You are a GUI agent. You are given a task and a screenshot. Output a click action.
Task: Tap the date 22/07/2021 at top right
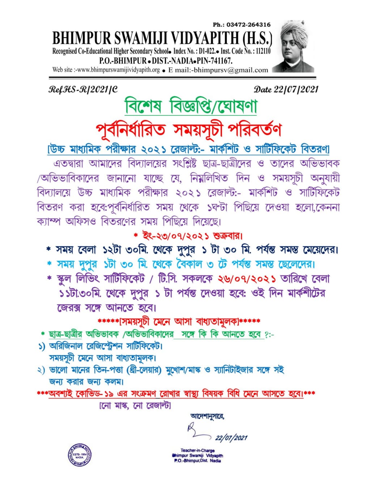(x=286, y=89)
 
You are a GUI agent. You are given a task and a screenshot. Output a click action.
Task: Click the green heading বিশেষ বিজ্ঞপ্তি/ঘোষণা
(x=191, y=106)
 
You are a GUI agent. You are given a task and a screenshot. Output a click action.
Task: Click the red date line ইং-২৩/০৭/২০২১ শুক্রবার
(x=188, y=236)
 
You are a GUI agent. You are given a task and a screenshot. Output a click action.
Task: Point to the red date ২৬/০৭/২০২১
(x=247, y=279)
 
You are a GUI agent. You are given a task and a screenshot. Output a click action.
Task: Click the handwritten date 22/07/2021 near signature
(x=231, y=438)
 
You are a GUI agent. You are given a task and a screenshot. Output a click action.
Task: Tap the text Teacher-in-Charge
(x=198, y=450)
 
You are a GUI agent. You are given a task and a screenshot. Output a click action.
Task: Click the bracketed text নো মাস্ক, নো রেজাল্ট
(x=135, y=406)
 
